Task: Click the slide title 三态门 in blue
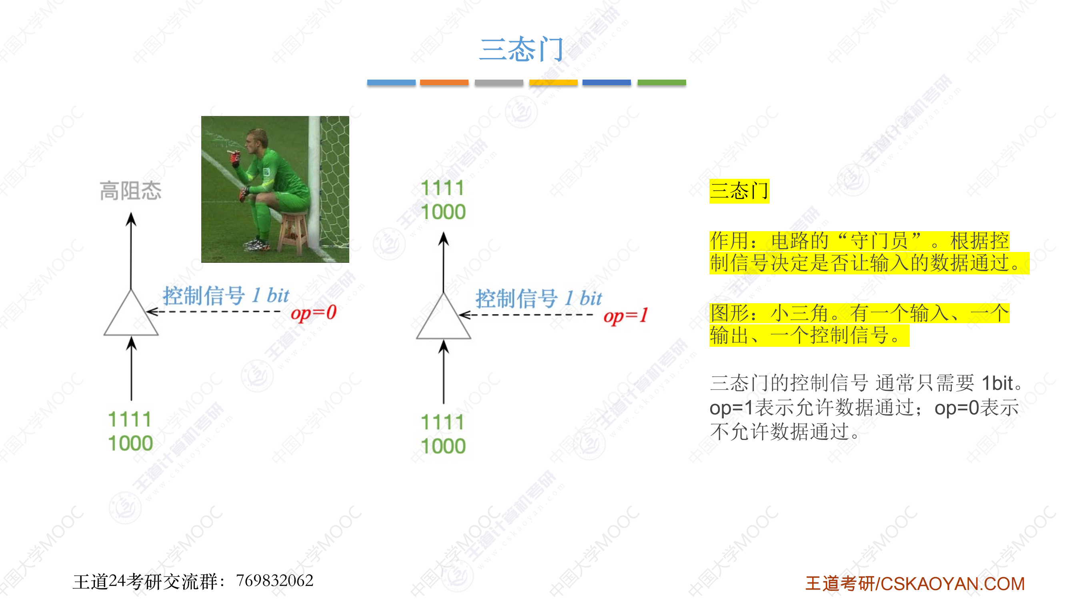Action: (521, 49)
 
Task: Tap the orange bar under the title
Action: (444, 82)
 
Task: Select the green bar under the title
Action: (661, 82)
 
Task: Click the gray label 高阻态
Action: (130, 191)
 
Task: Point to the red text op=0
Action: (314, 313)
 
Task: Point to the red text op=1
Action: (625, 316)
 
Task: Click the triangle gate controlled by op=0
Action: (131, 313)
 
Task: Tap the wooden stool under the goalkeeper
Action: (293, 232)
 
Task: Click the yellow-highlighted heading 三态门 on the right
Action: (739, 191)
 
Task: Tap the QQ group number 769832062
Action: (274, 580)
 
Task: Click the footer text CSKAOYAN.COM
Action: (952, 584)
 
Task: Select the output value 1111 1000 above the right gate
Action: (443, 200)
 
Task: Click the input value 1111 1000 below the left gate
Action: (130, 431)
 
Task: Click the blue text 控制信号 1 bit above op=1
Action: (539, 298)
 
